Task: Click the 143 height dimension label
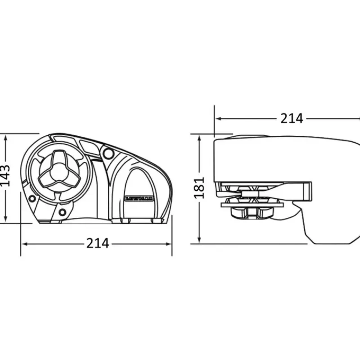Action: (5, 176)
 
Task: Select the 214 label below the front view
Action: (98, 243)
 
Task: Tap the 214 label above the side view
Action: (292, 119)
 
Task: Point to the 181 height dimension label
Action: (199, 188)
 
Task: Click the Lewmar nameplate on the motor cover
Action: (139, 198)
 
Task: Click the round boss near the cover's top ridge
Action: (108, 153)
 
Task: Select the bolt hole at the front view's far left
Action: (31, 198)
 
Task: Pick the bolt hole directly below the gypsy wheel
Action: (62, 212)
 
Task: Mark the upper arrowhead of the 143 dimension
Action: (6, 138)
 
